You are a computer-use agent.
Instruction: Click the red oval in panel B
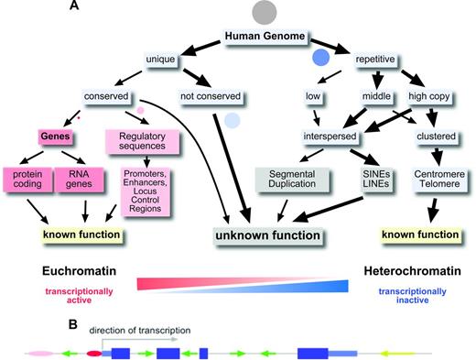pyautogui.click(x=94, y=351)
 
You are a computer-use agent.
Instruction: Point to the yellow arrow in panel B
pyautogui.click(x=398, y=351)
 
